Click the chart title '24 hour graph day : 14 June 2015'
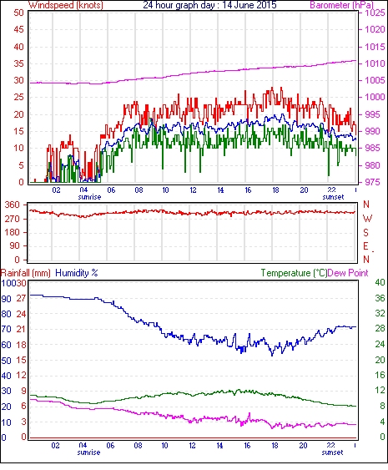click(209, 5)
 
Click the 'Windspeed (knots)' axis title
click(66, 5)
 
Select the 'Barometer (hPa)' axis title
click(341, 5)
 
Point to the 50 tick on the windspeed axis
click(18, 13)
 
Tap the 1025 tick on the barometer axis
click(375, 13)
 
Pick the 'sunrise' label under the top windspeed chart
click(89, 197)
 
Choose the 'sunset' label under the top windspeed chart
click(333, 197)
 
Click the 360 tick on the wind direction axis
click(13, 205)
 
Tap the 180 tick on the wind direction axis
click(13, 232)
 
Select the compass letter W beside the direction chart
click(367, 219)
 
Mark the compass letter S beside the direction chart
click(365, 233)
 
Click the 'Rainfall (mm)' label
click(26, 273)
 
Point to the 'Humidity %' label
click(77, 273)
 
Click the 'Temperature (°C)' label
click(294, 273)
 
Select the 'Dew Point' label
click(348, 273)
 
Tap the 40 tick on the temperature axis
click(380, 282)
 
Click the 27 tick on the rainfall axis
click(22, 299)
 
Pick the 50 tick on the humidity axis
click(6, 360)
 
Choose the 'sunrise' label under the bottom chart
click(88, 452)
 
